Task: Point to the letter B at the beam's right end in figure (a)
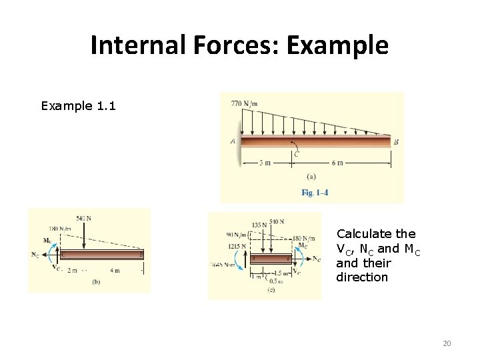point(396,142)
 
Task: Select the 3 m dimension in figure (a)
point(265,163)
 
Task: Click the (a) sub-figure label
point(311,177)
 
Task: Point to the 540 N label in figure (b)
point(84,218)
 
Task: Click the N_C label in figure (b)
point(35,255)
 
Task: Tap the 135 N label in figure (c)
point(259,225)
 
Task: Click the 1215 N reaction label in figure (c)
point(237,247)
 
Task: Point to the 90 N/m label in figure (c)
point(234,235)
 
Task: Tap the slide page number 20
point(447,343)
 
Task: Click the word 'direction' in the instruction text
point(361,276)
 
